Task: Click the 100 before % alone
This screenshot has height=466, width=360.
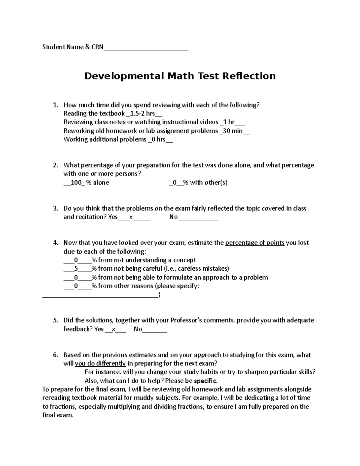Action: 76,182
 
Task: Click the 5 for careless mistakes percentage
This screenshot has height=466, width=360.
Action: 76,269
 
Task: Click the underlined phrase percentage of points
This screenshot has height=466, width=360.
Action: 255,243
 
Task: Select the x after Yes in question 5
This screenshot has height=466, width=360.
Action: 113,329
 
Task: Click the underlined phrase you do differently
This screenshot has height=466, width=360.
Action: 100,363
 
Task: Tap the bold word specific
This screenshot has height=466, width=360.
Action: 205,381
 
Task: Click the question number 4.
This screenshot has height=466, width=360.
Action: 55,243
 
